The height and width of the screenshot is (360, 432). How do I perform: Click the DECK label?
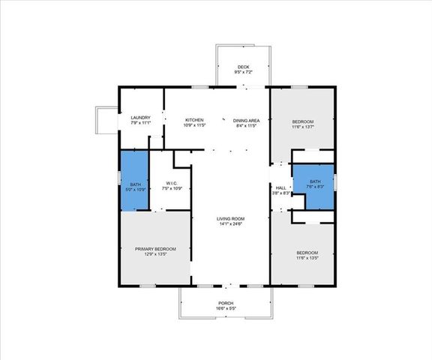click(242, 67)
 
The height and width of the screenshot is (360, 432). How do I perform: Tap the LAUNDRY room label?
click(141, 118)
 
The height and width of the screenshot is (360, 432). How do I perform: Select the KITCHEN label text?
click(194, 120)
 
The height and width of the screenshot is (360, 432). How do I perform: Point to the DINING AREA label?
click(246, 120)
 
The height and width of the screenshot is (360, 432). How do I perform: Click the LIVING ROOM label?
click(231, 218)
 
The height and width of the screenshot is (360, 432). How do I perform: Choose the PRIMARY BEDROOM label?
click(155, 249)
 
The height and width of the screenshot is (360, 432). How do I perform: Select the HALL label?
click(280, 188)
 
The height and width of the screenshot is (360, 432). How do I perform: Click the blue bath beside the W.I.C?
click(135, 180)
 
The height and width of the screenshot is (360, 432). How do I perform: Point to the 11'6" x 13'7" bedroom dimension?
click(303, 127)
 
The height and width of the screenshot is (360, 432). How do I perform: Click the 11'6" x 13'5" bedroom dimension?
click(307, 258)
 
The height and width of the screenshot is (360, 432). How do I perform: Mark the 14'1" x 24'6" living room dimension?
click(231, 223)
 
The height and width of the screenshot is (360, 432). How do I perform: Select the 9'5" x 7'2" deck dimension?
click(242, 72)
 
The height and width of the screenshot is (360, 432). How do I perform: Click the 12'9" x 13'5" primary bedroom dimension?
click(155, 254)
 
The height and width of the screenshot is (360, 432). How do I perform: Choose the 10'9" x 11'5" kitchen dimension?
click(194, 125)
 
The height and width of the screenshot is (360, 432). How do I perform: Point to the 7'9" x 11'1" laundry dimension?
click(141, 123)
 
